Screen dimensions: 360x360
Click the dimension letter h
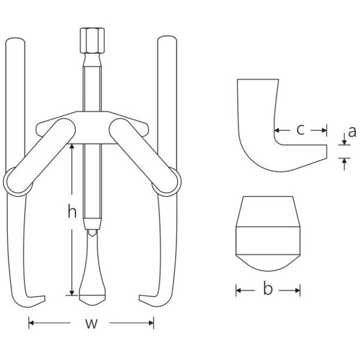click(72, 211)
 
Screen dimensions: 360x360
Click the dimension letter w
click(91, 323)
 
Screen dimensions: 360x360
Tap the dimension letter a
click(352, 132)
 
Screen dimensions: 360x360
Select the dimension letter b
click(268, 289)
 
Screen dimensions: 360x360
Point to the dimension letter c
click(301, 130)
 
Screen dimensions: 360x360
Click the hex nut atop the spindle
click(92, 40)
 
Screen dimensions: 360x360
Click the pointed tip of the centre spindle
click(92, 305)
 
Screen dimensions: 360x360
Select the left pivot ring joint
click(18, 182)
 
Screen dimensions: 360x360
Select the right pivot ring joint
click(167, 182)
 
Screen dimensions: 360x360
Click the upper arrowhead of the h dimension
click(72, 146)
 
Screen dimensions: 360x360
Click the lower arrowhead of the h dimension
click(72, 293)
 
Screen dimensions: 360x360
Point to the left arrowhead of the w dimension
click(31, 323)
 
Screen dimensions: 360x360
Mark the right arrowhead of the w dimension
click(151, 323)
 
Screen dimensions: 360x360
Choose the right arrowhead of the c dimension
click(324, 130)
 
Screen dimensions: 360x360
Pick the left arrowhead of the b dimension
click(239, 290)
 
